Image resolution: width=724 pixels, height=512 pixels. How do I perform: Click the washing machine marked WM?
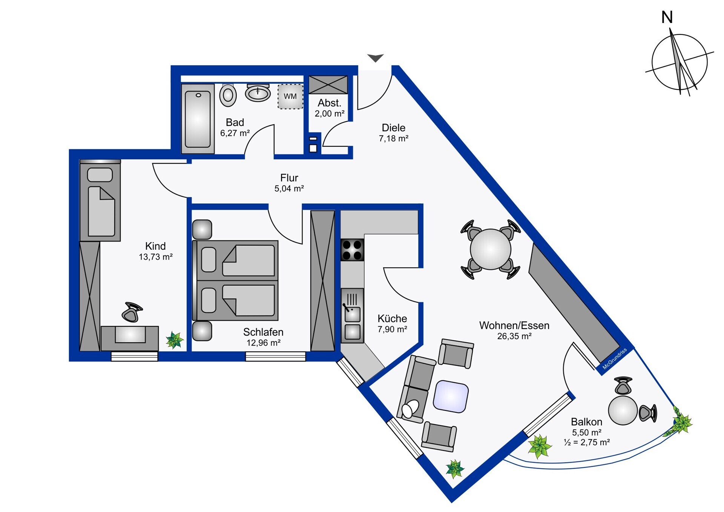coord(290,96)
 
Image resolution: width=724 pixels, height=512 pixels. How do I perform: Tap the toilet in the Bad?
coord(228,95)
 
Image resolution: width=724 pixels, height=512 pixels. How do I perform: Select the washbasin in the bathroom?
coord(258,93)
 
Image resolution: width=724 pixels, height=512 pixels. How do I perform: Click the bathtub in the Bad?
coord(198,118)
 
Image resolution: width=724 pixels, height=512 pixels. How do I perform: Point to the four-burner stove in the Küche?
coord(352,250)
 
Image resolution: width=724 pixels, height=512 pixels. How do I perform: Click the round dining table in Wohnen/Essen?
coord(490,249)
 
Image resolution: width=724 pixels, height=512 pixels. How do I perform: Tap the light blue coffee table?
coord(451,396)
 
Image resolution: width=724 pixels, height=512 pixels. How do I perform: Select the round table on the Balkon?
coord(623,410)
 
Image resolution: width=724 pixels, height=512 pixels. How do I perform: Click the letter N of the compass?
coord(667,17)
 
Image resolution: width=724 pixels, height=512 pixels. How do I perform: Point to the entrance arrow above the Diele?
coord(376,58)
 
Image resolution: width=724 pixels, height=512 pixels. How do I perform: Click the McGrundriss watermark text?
coord(615,358)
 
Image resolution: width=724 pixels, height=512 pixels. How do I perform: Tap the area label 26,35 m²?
coord(514,336)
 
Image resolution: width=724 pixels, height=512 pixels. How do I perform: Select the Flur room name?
coord(289,178)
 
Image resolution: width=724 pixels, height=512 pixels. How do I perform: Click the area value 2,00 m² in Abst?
coord(330,114)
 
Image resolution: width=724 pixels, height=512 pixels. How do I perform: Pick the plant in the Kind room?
coord(175,340)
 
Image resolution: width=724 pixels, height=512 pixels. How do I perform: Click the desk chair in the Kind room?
coord(132,312)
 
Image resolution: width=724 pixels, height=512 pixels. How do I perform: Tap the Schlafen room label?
coord(263,332)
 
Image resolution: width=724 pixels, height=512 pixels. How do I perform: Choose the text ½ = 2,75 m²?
coord(587,442)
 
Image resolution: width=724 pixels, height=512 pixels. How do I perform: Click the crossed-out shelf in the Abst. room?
coord(328,85)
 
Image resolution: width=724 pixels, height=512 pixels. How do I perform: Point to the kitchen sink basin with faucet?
coord(352,313)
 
